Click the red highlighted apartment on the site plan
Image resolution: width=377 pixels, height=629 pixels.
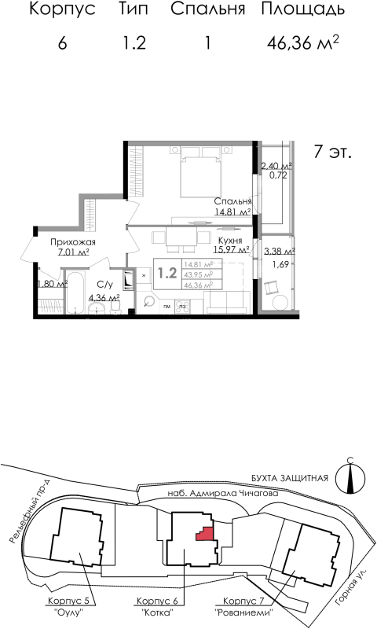pyautogui.click(x=206, y=534)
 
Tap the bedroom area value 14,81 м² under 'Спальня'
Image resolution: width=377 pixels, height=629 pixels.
pyautogui.click(x=232, y=212)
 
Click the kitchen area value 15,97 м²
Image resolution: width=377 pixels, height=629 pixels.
pyautogui.click(x=231, y=250)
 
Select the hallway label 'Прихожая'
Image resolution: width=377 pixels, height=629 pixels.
pyautogui.click(x=72, y=242)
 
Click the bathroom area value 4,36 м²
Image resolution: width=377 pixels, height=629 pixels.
pyautogui.click(x=103, y=298)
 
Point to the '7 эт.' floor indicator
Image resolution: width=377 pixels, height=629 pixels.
pyautogui.click(x=331, y=152)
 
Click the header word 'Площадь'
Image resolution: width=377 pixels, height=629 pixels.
pyautogui.click(x=302, y=10)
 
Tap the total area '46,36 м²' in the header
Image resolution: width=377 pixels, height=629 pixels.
pyautogui.click(x=303, y=42)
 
